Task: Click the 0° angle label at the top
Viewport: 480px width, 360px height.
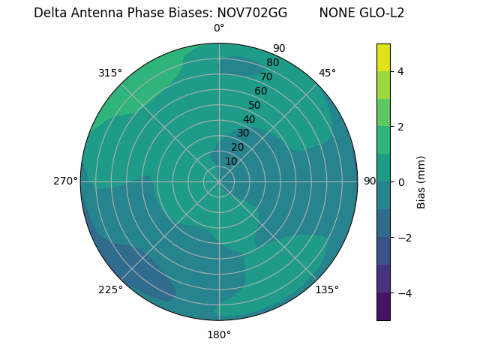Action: click(219, 28)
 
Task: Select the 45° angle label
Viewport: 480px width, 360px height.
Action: click(327, 73)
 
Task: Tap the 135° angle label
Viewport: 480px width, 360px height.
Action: click(327, 289)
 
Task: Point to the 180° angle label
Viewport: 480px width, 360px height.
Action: click(219, 334)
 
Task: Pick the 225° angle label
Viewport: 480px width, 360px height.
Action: click(110, 289)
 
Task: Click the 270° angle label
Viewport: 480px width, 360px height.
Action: click(66, 181)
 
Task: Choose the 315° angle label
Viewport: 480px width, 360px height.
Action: click(110, 73)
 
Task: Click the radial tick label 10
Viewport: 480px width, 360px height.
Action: click(231, 161)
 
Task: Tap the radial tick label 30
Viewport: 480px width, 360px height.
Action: click(243, 133)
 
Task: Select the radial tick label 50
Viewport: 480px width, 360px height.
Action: click(254, 105)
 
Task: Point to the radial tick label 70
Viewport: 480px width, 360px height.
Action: click(266, 76)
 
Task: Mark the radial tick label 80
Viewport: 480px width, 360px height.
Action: click(272, 62)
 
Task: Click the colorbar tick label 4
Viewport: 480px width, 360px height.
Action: click(401, 71)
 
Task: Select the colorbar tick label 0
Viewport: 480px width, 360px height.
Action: click(401, 181)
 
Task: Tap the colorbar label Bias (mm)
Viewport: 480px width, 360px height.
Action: click(421, 181)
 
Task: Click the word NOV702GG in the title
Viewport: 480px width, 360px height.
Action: click(252, 13)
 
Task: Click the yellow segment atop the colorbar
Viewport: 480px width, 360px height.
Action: click(383, 58)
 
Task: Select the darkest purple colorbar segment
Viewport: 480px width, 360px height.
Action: click(383, 306)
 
